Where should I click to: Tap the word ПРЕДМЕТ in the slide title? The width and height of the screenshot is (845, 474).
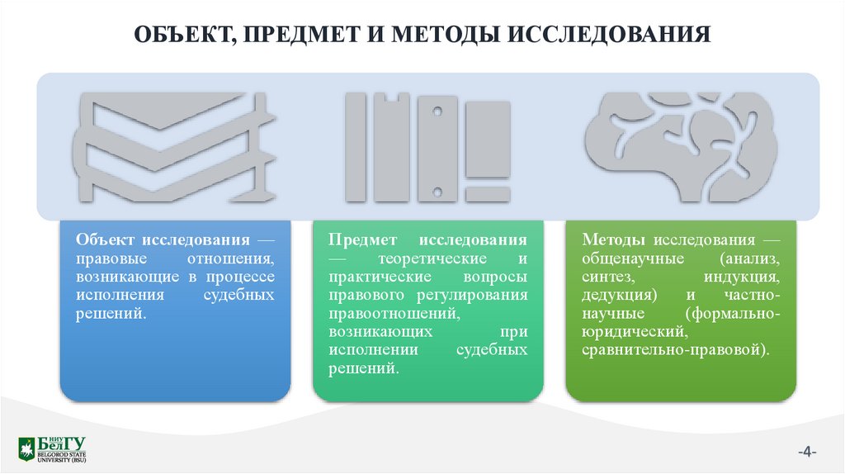point(304,36)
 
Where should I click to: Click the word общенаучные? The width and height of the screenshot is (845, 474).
point(621,258)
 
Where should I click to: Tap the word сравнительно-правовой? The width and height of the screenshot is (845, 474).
point(675,349)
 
